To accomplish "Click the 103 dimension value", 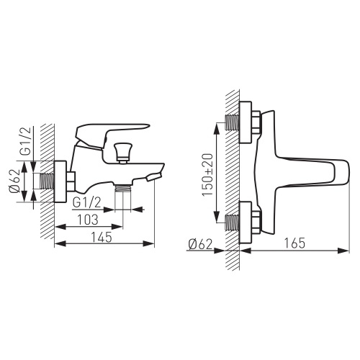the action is pyautogui.click(x=88, y=220).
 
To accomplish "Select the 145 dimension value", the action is pyautogui.click(x=102, y=237).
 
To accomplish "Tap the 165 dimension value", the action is pyautogui.click(x=294, y=243).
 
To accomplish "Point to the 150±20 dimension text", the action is pyautogui.click(x=207, y=174).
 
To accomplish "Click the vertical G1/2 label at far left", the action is pyautogui.click(x=27, y=141).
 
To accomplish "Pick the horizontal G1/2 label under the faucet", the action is pyautogui.click(x=86, y=204).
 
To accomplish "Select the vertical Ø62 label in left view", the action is pyautogui.click(x=14, y=181).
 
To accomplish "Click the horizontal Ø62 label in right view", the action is pyautogui.click(x=201, y=245).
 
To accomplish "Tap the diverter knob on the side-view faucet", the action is pyautogui.click(x=123, y=153).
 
